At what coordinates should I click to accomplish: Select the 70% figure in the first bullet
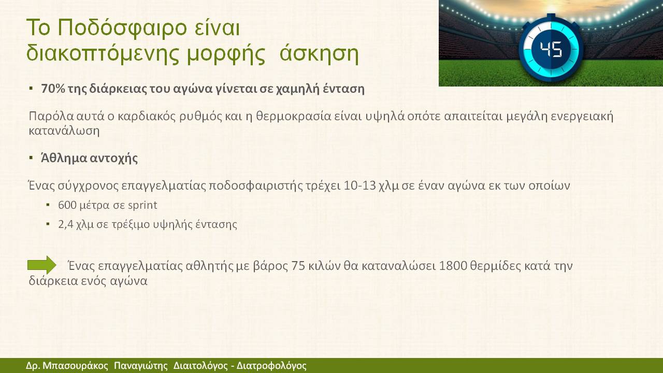point(53,88)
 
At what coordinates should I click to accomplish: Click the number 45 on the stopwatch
point(551,49)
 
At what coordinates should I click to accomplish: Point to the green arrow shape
point(42,265)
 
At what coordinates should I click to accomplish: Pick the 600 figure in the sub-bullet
point(67,205)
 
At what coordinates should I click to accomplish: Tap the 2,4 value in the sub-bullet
point(65,224)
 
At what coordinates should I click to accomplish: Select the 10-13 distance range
point(359,185)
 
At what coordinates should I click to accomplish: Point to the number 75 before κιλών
point(298,266)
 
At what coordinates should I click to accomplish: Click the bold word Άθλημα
point(63,158)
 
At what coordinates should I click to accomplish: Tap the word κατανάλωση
point(64,131)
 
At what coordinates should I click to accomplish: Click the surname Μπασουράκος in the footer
point(75,366)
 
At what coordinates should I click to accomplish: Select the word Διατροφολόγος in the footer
point(271,366)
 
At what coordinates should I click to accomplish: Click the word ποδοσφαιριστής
point(256,186)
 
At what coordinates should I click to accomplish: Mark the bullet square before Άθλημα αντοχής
point(31,157)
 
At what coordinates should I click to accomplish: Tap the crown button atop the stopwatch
point(551,16)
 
